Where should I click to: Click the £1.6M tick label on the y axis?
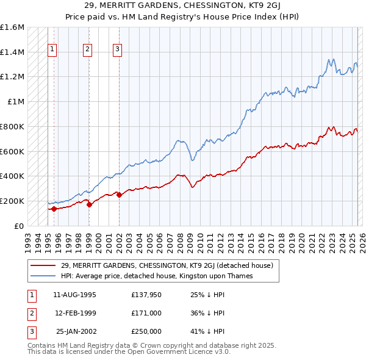pyautogui.click(x=12, y=27)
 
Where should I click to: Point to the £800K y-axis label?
pyautogui.click(x=12, y=126)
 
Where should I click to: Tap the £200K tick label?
pyautogui.click(x=12, y=201)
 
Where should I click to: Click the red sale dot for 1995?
pyautogui.click(x=54, y=209)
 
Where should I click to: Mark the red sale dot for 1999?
pyautogui.click(x=89, y=204)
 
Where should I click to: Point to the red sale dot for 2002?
pyautogui.click(x=119, y=195)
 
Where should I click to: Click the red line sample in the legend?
pyautogui.click(x=43, y=265)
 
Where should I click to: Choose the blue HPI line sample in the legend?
pyautogui.click(x=43, y=276)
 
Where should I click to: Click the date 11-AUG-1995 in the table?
pyautogui.click(x=75, y=295)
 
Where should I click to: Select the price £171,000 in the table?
pyautogui.click(x=146, y=313)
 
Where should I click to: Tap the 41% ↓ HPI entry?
pyautogui.click(x=208, y=331)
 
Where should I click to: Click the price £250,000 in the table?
pyautogui.click(x=146, y=331)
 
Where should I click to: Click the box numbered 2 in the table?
pyautogui.click(x=30, y=313)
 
